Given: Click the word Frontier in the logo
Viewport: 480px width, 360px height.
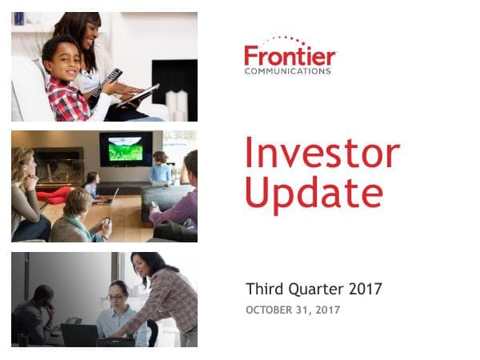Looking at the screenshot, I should (x=290, y=57).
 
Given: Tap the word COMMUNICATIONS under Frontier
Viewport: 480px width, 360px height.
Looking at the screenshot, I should (x=287, y=71).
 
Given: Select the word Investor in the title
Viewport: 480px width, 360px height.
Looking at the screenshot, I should (x=322, y=153).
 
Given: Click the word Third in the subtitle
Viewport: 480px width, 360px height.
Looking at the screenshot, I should (x=265, y=289).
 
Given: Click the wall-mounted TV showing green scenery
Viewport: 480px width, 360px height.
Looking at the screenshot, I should (x=126, y=149).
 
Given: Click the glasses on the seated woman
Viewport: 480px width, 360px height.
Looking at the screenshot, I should (x=116, y=298).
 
